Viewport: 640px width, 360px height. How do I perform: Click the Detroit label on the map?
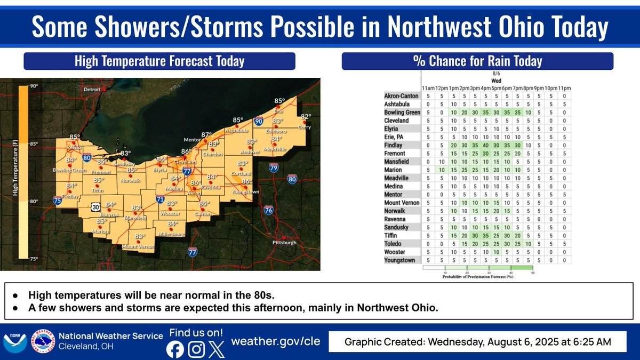92,90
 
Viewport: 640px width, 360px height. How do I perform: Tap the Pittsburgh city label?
283,243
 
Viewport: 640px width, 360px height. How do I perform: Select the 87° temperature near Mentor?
206,134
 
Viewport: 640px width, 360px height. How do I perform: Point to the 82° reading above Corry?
306,116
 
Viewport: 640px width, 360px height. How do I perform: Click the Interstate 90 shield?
258,122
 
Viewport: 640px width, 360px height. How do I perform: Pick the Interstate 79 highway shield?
273,169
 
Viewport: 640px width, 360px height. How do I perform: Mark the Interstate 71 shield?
160,199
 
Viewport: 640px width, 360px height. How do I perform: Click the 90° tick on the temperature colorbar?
34,86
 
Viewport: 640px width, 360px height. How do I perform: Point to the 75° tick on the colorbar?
34,259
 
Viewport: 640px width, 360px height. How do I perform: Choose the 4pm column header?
485,87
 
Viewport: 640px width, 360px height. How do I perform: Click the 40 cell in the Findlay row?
485,145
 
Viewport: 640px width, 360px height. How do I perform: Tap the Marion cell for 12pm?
441,170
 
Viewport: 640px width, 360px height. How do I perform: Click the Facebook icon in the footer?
175,349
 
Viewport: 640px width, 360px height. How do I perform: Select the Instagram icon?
197,349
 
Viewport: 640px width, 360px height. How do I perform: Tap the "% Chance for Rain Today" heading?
477,61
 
